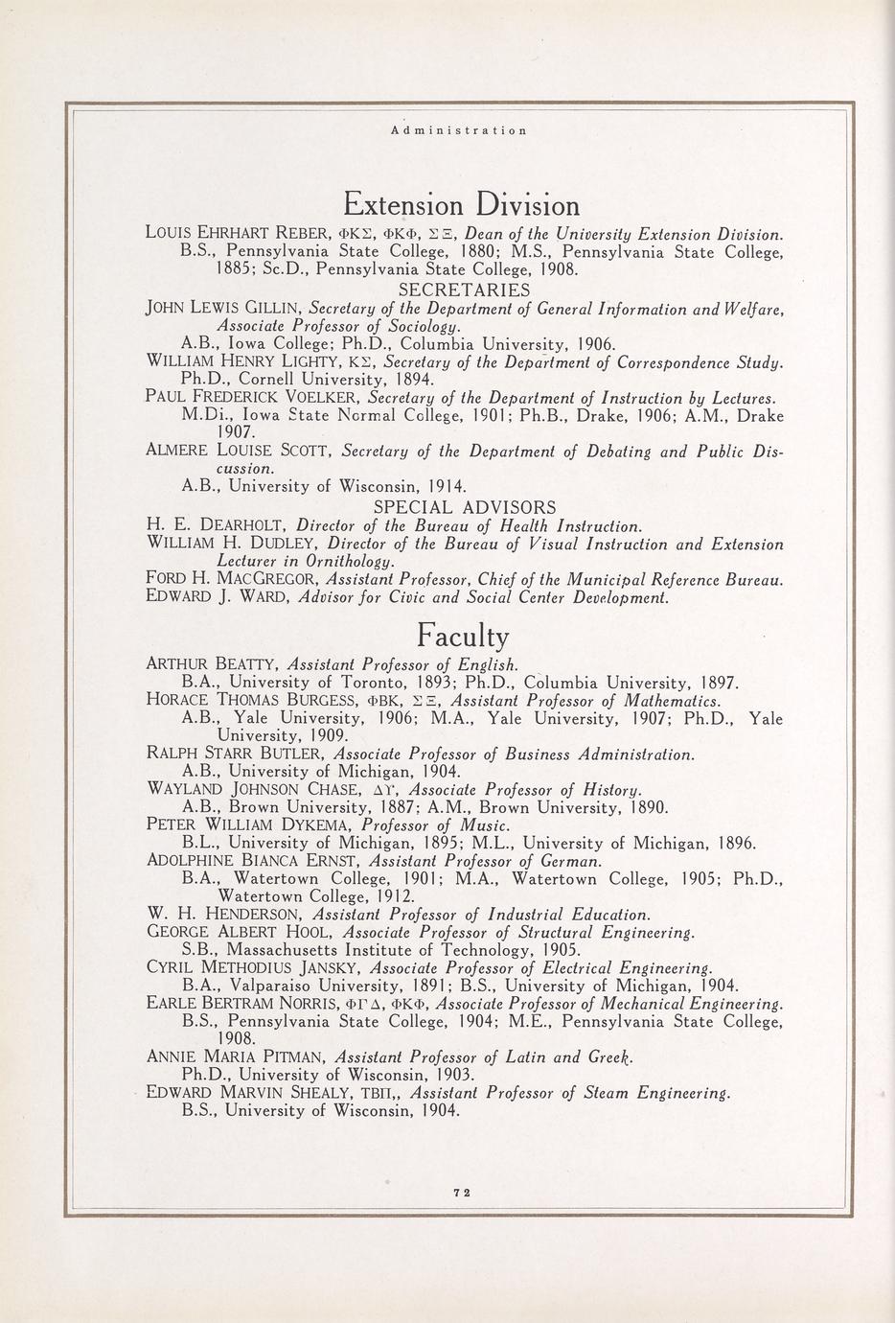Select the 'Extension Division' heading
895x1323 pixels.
[x=461, y=205]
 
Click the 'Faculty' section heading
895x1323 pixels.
[x=463, y=636]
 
